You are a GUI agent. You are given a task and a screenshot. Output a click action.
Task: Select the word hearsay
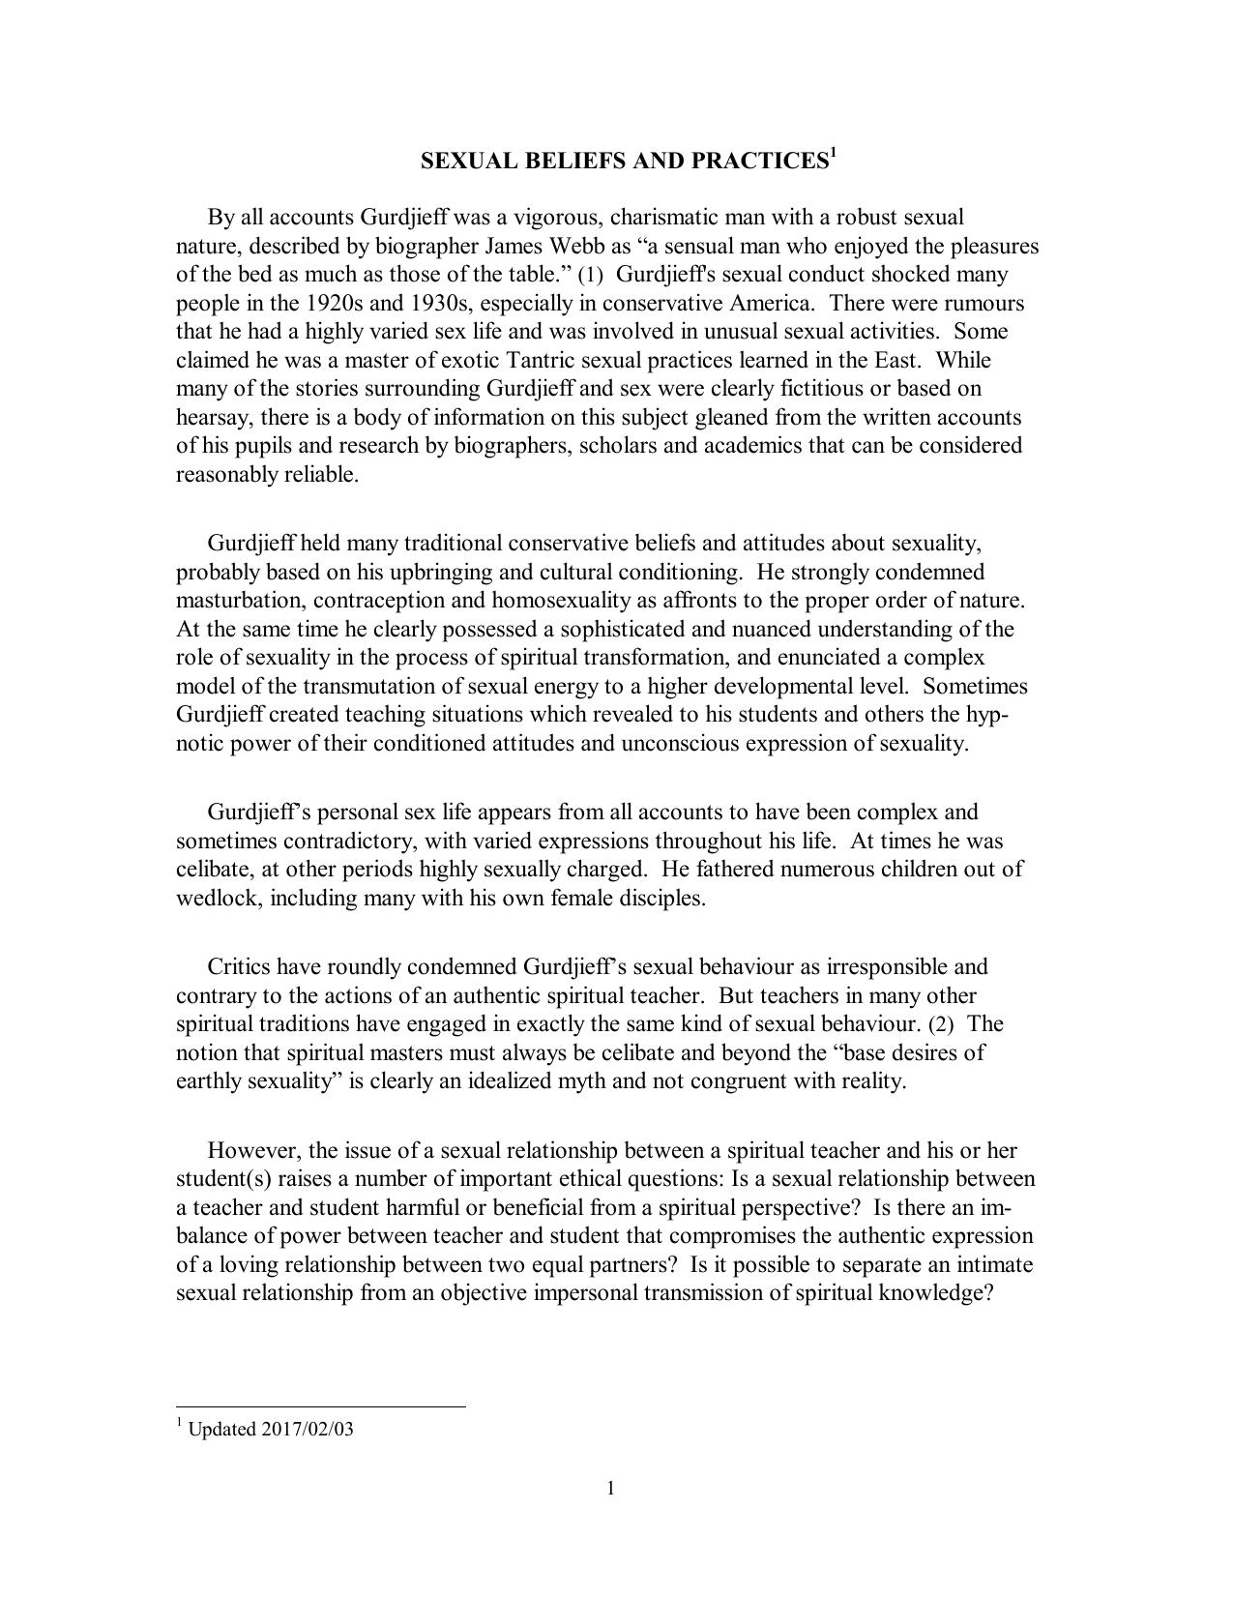(211, 417)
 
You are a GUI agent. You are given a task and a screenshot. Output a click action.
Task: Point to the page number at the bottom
(611, 1488)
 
